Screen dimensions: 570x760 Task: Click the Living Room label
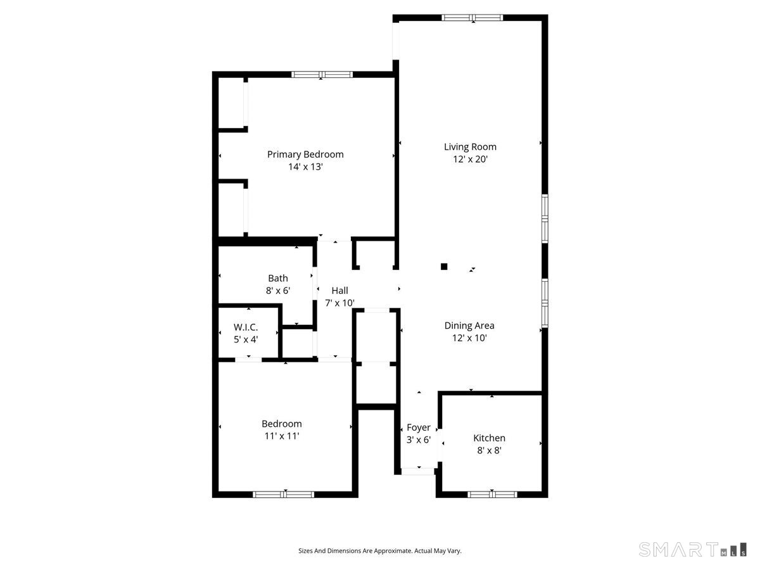470,147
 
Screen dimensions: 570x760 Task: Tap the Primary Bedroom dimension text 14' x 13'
305,167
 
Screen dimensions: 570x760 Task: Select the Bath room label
278,278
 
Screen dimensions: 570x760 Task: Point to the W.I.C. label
246,327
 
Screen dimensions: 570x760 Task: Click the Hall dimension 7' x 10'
339,303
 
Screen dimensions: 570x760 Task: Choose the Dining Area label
469,326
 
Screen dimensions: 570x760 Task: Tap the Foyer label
419,427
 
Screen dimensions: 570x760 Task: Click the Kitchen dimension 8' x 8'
490,450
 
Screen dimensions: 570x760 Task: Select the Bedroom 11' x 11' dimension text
282,436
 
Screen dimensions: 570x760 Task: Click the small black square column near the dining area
445,267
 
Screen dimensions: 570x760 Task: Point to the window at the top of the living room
472,18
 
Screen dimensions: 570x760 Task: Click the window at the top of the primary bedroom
322,75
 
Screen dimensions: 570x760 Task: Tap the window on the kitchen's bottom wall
492,494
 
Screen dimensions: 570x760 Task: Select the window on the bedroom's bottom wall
284,494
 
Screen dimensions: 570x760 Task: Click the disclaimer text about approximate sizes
380,551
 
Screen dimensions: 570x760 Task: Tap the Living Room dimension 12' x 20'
470,160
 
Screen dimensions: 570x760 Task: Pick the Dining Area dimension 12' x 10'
469,338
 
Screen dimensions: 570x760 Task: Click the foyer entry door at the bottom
418,471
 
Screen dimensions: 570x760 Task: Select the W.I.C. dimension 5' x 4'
246,339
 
